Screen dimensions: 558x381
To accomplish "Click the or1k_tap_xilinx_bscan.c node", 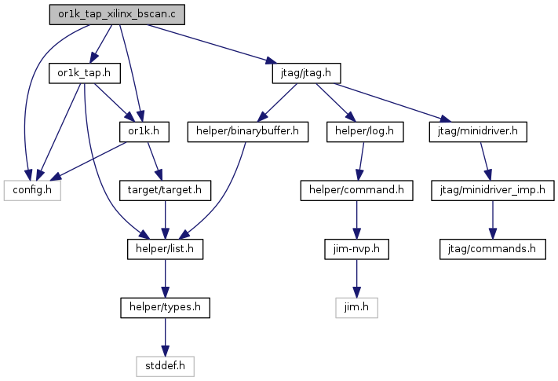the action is [x=117, y=15].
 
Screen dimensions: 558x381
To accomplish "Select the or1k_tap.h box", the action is [x=84, y=73].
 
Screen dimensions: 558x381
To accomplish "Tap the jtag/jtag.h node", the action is [x=306, y=73].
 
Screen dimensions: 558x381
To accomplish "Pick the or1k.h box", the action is [x=144, y=132].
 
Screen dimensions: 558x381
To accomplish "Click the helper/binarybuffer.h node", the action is [x=248, y=132].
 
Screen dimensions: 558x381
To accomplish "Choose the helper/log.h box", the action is [x=365, y=132].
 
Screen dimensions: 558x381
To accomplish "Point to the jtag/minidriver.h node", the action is [x=478, y=132].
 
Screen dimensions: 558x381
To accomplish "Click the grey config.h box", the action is [x=32, y=190].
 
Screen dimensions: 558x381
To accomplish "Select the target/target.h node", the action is [x=165, y=190].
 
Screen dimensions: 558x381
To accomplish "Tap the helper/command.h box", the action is [x=356, y=190].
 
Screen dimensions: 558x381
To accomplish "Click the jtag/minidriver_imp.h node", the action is [x=493, y=190].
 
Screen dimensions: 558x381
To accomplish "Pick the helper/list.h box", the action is [x=165, y=249].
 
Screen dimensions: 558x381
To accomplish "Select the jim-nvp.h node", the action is [x=356, y=249].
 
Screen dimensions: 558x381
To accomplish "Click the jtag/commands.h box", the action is [x=493, y=249].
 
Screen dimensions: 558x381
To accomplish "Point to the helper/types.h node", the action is [x=165, y=308].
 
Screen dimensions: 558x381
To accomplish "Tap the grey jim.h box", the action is [x=356, y=308].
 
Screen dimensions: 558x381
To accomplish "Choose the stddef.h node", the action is [x=165, y=366].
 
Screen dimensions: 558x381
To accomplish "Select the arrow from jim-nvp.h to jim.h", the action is [x=356, y=278].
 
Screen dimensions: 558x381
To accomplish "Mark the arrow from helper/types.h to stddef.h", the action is [x=165, y=337].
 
